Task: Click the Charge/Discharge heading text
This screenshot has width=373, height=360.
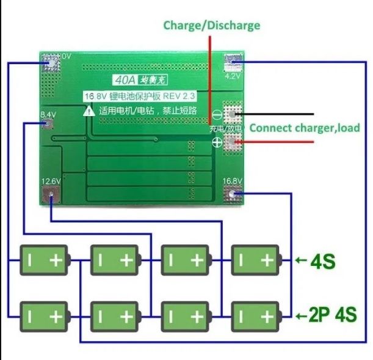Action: tap(211, 25)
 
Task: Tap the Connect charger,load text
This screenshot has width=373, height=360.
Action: tap(305, 128)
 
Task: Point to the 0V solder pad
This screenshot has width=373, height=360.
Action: tap(51, 61)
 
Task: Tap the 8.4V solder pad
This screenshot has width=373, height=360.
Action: tap(48, 124)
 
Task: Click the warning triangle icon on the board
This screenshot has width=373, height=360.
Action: tap(90, 111)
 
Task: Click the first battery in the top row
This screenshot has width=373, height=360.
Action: tap(44, 260)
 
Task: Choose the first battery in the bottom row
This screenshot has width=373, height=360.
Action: tap(44, 316)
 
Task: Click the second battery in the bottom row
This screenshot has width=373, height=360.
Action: tap(115, 316)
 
